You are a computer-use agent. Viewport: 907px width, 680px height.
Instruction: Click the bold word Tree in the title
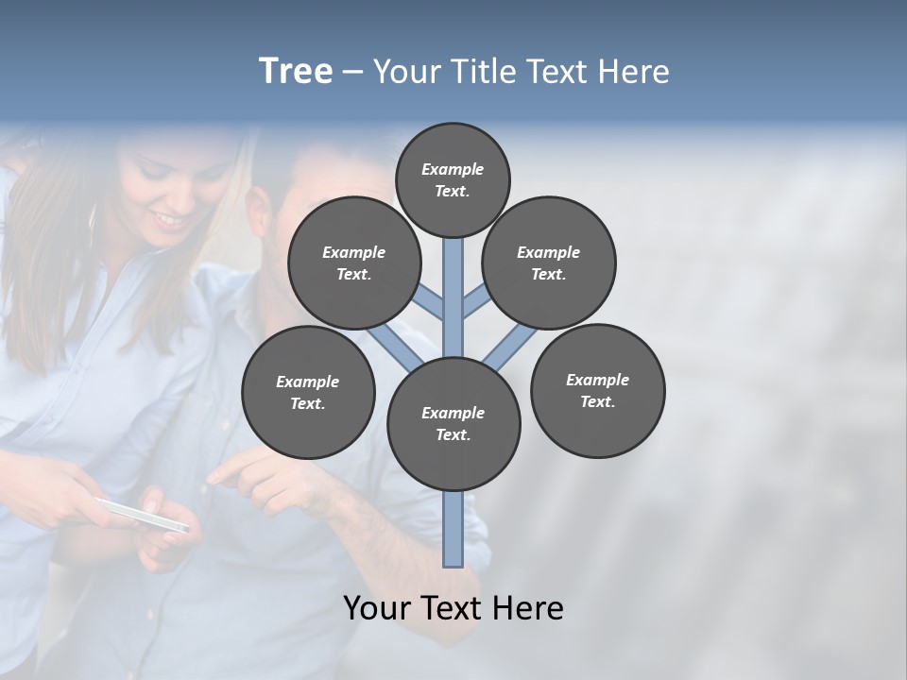pos(296,71)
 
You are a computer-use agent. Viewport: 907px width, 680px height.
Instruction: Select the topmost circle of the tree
pos(453,179)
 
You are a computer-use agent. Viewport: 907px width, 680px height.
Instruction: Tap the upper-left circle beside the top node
pos(353,263)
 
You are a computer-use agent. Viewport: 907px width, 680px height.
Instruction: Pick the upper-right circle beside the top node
pos(549,263)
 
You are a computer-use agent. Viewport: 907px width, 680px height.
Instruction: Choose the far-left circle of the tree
pos(308,392)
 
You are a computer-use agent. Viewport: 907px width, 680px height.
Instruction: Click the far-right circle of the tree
pos(597,390)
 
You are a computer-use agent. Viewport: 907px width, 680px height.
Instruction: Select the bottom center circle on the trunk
pos(453,423)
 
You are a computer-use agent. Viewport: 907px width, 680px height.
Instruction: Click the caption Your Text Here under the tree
pos(453,608)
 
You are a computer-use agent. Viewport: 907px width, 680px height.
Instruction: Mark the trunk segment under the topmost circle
pos(453,283)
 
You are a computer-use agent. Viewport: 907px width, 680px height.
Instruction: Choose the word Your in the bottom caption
pos(375,608)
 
